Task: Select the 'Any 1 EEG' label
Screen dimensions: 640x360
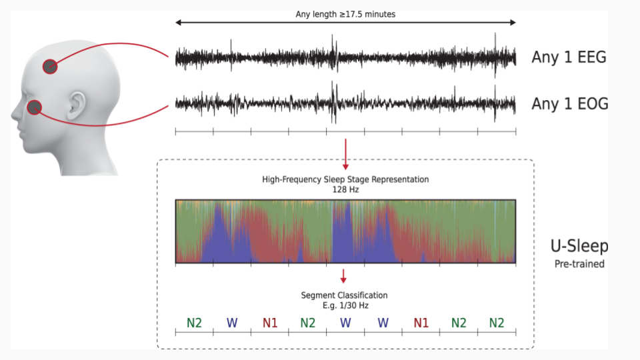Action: click(569, 57)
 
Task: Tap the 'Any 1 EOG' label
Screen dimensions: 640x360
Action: click(570, 104)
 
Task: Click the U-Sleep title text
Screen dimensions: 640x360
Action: click(579, 246)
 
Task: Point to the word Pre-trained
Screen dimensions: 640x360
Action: click(579, 264)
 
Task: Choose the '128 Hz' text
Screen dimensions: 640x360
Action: click(345, 189)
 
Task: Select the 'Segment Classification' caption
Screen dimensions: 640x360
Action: click(344, 295)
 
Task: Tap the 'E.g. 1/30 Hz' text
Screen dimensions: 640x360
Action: click(345, 305)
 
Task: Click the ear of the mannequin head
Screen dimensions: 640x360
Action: click(76, 105)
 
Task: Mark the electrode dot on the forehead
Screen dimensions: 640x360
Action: click(50, 67)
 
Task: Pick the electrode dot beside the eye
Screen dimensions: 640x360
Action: click(34, 107)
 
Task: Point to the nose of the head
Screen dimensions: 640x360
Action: click(15, 112)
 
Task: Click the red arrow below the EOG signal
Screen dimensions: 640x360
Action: click(346, 154)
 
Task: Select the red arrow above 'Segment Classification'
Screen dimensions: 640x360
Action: click(343, 276)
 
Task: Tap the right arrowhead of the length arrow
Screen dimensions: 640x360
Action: click(513, 23)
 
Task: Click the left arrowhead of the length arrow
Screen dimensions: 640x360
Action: click(178, 23)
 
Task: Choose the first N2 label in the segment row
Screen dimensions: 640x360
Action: click(194, 323)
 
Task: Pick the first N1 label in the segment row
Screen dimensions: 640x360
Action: click(270, 323)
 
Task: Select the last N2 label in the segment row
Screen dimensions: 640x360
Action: click(496, 323)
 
